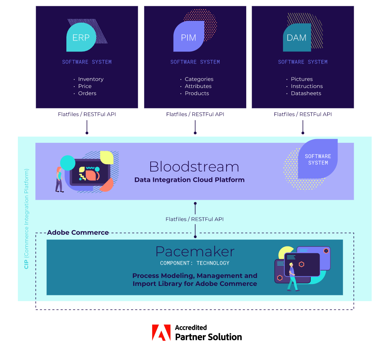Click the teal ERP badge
click(81, 37)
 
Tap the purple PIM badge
click(189, 37)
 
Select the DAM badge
click(297, 38)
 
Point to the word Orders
click(87, 93)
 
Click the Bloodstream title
click(194, 166)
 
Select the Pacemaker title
click(195, 252)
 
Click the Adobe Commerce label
click(78, 233)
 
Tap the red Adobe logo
click(161, 333)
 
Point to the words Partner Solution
click(209, 337)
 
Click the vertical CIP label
click(26, 219)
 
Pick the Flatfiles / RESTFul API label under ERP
click(87, 114)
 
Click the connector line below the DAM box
click(303, 127)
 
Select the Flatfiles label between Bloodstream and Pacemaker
click(194, 219)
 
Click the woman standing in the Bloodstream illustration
click(59, 179)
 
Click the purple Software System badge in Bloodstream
click(318, 159)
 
